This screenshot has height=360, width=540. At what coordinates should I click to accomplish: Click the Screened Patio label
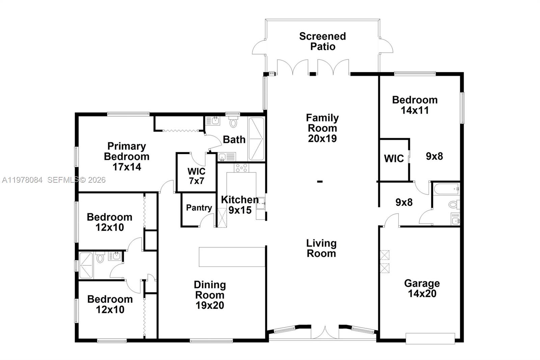click(322, 41)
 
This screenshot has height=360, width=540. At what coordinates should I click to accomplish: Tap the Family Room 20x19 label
click(322, 128)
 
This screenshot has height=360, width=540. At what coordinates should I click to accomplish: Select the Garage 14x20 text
click(422, 288)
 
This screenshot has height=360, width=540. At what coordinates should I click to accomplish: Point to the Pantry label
click(199, 208)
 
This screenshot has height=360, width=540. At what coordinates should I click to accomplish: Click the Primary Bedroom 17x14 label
click(127, 156)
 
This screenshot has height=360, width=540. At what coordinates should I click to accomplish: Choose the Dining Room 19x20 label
click(210, 295)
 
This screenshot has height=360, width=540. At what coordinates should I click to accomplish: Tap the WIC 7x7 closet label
click(196, 176)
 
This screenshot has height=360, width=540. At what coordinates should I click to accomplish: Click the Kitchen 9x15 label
click(240, 205)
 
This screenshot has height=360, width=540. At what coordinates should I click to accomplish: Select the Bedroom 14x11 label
click(415, 105)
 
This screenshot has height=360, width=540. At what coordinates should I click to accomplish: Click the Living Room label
click(321, 248)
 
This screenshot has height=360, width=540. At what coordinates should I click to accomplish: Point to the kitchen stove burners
click(241, 168)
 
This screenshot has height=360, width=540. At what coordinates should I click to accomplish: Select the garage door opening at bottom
click(430, 338)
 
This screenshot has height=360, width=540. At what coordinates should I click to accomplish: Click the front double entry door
click(325, 333)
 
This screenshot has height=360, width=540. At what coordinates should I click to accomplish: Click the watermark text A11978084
click(22, 180)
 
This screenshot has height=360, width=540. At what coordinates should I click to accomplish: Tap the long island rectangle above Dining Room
click(232, 257)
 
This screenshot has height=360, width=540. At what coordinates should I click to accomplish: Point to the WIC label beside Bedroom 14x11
click(394, 158)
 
